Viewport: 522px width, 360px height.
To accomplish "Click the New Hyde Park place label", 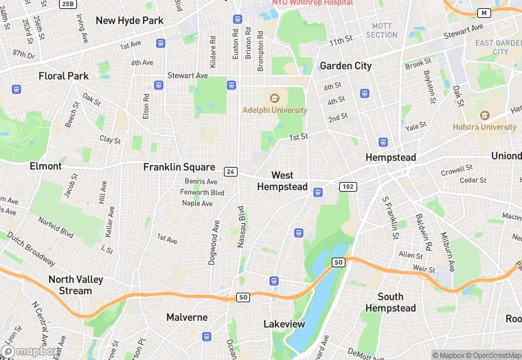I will (x=130, y=21).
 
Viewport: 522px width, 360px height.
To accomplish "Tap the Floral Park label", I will (x=64, y=76).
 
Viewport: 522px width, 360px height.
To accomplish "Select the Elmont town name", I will (x=45, y=166).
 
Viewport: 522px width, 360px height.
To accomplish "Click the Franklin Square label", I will (x=179, y=167).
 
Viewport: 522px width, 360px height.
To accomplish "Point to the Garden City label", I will (x=345, y=66).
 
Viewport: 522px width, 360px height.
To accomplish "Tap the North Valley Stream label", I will (x=70, y=285).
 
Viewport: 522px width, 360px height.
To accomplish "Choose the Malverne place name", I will (x=187, y=317).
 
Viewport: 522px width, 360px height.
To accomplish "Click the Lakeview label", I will (x=284, y=324).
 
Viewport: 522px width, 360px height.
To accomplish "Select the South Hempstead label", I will (x=390, y=302).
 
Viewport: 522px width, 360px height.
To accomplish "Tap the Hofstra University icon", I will (x=484, y=115).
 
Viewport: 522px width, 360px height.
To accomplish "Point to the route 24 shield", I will (x=231, y=171).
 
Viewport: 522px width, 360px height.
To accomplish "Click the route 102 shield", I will (x=348, y=186).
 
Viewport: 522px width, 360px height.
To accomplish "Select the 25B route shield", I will (x=67, y=4).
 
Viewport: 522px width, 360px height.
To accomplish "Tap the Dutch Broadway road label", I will (x=31, y=249).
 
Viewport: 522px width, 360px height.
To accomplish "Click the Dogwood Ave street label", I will (x=213, y=243).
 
